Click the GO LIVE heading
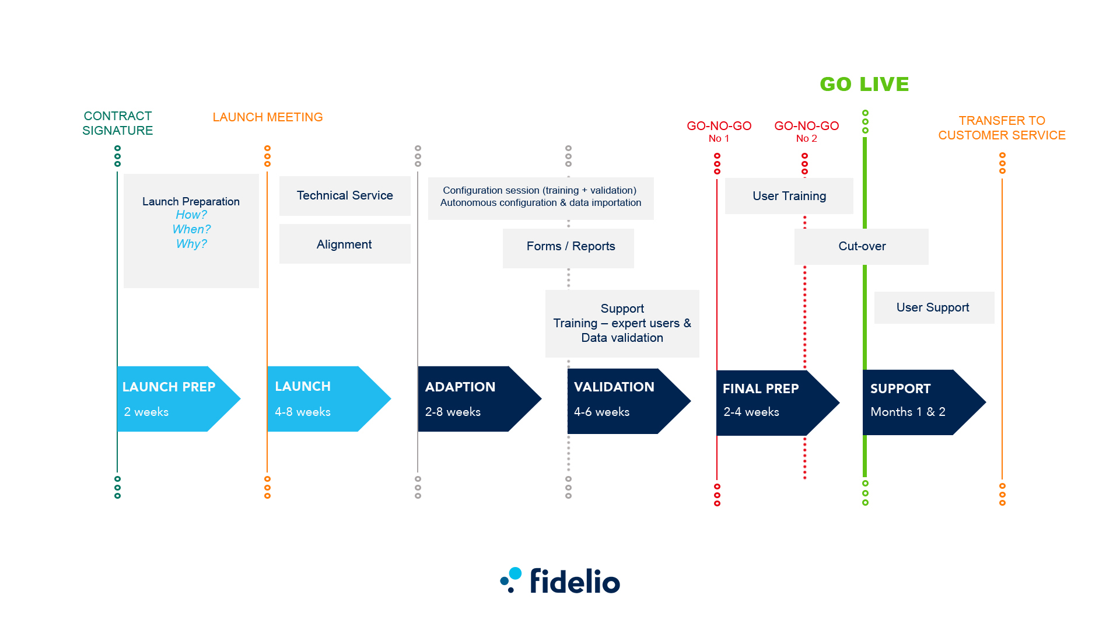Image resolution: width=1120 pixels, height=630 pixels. coord(864,85)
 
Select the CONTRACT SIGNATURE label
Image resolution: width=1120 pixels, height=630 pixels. coord(117,123)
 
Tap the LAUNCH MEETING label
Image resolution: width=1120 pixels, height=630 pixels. coord(267,117)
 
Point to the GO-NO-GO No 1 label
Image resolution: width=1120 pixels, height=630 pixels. coord(719,131)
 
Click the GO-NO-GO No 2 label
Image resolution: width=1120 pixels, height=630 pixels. coord(806,131)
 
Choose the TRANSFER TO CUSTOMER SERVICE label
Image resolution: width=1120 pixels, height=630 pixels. coord(1002,128)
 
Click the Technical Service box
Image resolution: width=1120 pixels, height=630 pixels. coord(345,196)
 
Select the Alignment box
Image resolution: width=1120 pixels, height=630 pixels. coord(345,244)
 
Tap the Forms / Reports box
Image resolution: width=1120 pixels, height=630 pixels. coord(570,247)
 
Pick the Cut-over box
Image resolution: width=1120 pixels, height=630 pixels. coord(862,247)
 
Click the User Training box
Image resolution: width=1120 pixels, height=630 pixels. coord(789,197)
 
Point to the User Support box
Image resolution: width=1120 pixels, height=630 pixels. coord(933,307)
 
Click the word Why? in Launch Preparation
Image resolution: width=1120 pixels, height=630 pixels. coord(191,244)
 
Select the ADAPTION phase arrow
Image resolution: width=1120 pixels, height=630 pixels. coord(473,399)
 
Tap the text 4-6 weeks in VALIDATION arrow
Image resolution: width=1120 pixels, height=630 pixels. coord(601,412)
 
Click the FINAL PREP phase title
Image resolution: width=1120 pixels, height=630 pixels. coord(761,388)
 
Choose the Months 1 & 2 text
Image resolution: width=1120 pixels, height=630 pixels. coord(908,412)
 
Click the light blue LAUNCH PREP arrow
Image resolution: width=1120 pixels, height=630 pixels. coord(172,399)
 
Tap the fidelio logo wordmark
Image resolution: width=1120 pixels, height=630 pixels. coord(575,581)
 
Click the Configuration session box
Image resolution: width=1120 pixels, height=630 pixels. coord(540,197)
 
